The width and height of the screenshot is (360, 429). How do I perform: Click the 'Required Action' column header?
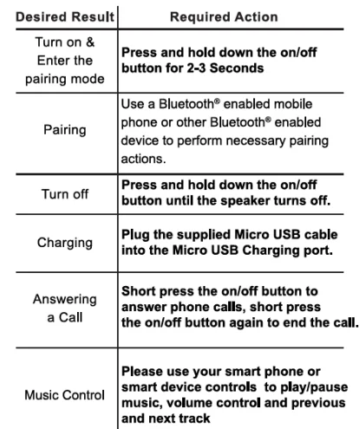click(x=235, y=16)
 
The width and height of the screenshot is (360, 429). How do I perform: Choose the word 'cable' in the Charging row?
click(x=309, y=236)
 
